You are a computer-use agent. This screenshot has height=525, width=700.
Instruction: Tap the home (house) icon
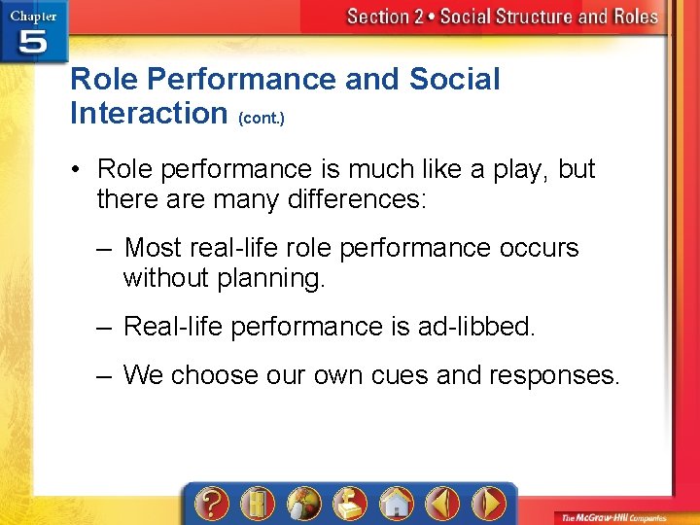click(x=396, y=504)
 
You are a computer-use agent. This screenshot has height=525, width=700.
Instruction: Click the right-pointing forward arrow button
click(x=488, y=504)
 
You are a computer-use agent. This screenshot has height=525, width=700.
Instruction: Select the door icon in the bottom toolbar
click(x=258, y=504)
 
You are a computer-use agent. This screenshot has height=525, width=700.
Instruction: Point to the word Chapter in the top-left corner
click(x=33, y=17)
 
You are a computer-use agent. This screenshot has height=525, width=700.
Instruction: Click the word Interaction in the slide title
click(x=149, y=113)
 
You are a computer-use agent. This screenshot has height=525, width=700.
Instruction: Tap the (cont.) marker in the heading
click(x=262, y=118)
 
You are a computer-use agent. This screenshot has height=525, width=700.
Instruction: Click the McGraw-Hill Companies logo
click(x=618, y=514)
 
